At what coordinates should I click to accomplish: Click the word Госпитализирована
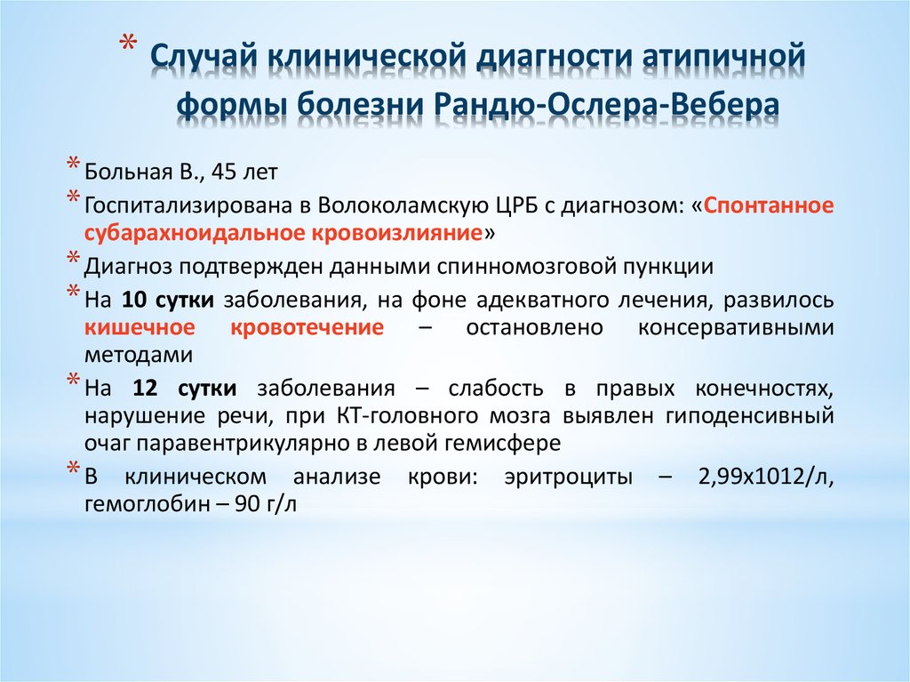point(188,206)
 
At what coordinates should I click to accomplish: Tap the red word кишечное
point(140,327)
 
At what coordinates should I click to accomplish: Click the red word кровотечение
point(307,327)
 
